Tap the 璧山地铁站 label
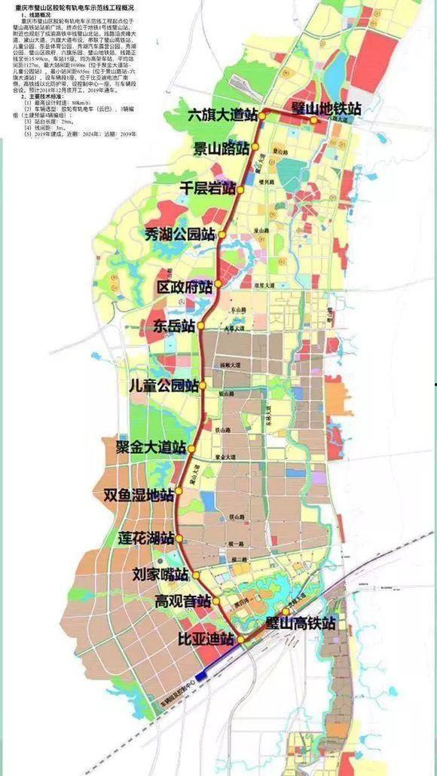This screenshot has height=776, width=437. pos(325,108)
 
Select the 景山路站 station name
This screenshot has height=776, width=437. pos(222,149)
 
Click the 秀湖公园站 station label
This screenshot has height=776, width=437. pos(185,234)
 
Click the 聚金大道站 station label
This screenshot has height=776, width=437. pos(151,447)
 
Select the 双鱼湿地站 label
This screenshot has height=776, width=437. pos(139,495)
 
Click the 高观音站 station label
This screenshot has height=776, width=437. pos(182,602)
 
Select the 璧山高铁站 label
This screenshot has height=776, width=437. pos(301,624)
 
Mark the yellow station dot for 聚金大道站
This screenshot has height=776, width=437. pos(191,449)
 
